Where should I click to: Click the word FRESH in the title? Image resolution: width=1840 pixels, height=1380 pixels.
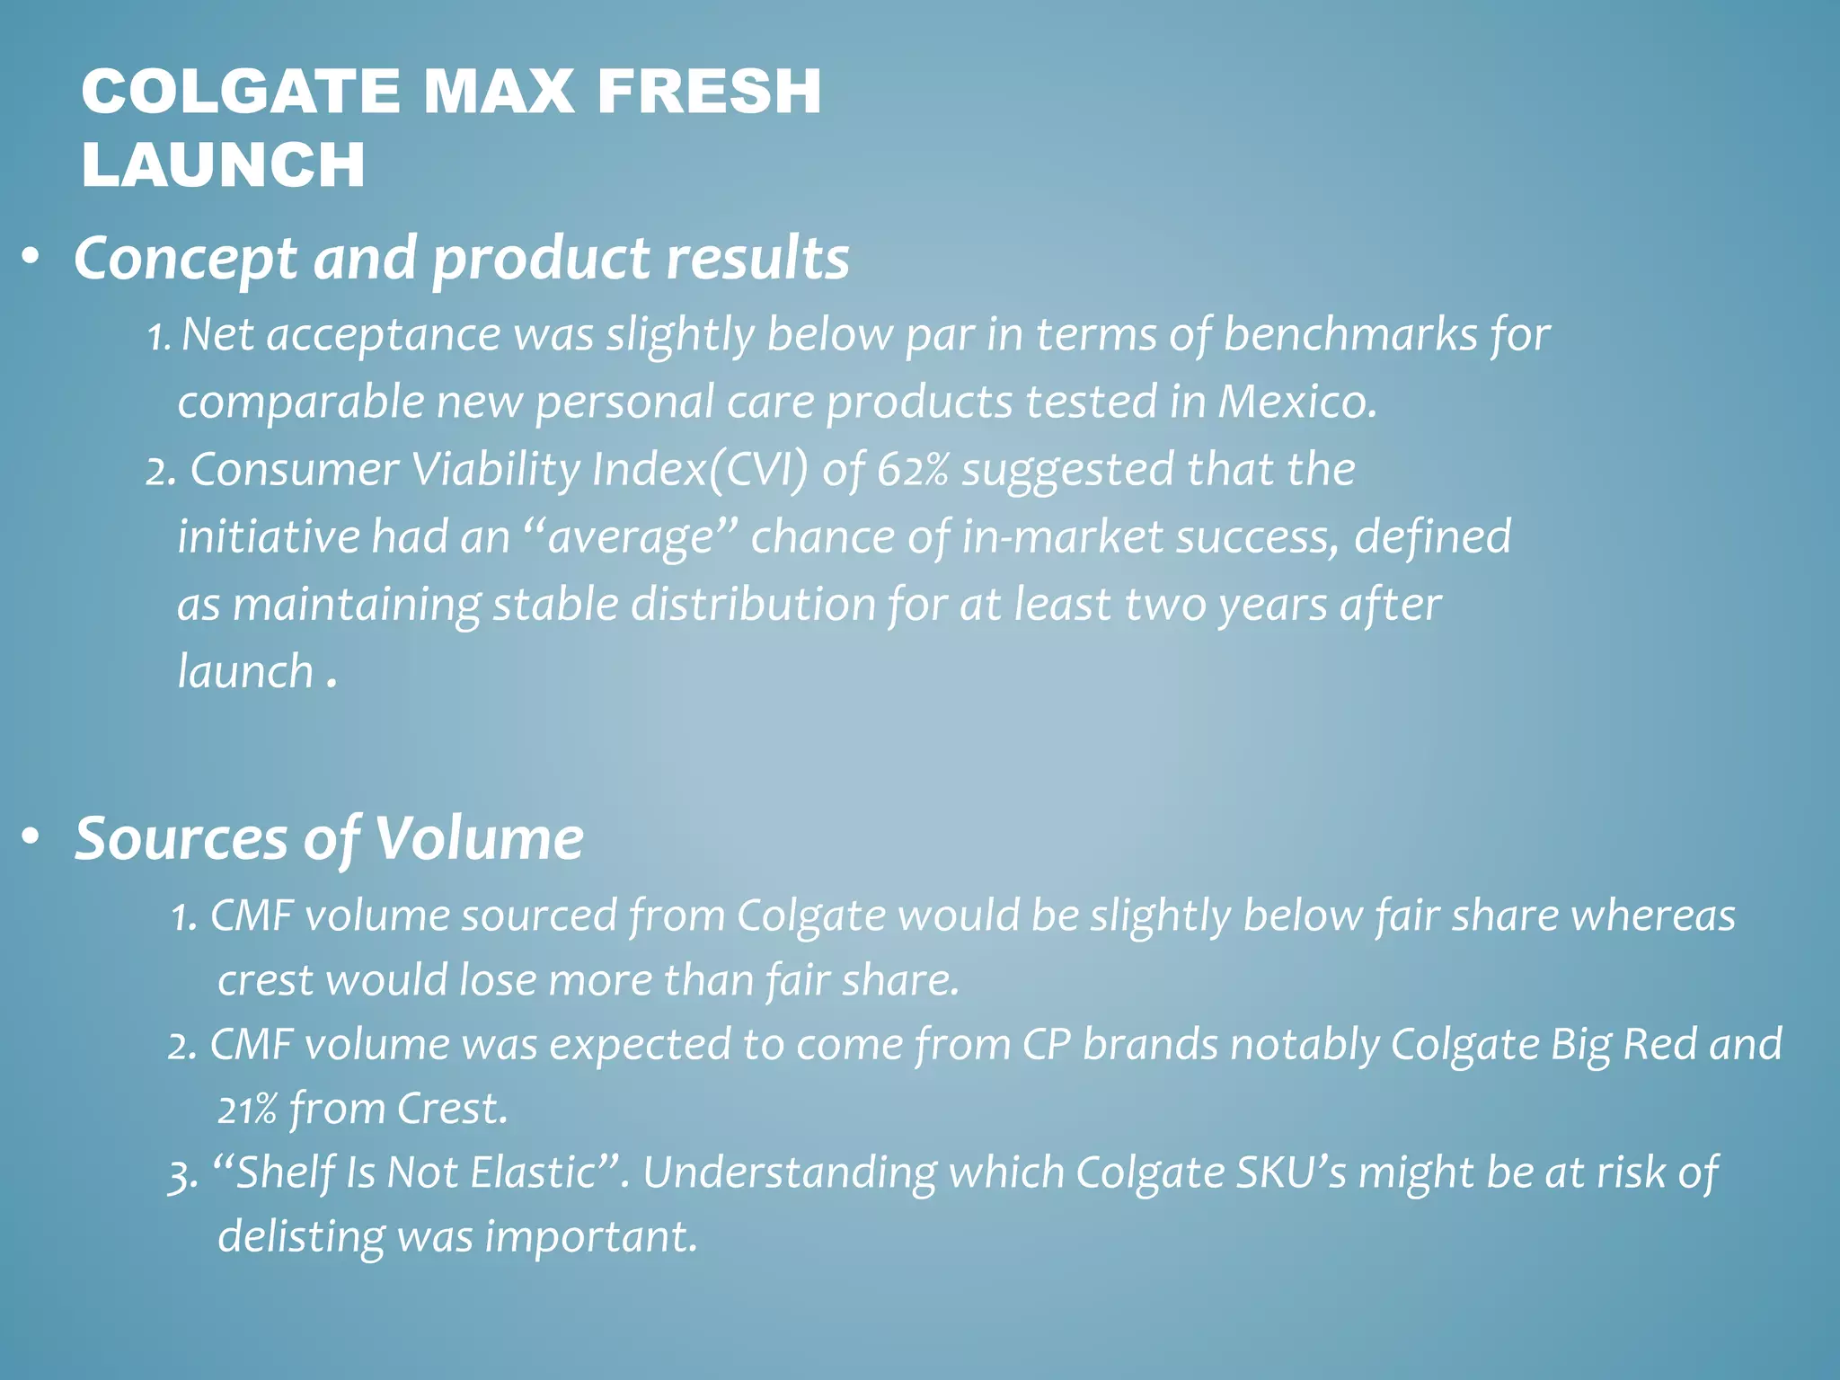click(709, 92)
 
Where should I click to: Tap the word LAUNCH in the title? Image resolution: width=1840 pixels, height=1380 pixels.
click(223, 164)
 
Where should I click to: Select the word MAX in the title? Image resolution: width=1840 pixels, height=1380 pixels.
click(498, 92)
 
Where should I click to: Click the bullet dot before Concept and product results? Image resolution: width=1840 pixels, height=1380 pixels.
click(31, 259)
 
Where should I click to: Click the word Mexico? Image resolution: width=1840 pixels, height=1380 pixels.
click(1296, 402)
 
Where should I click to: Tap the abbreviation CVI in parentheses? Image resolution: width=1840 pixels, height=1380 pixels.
click(757, 470)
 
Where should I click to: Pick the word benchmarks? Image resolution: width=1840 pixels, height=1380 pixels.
click(1349, 335)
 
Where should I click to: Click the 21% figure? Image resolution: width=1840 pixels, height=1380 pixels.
click(246, 1110)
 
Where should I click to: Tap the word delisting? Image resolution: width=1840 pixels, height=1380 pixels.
click(300, 1237)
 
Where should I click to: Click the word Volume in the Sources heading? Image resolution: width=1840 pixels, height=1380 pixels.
click(479, 838)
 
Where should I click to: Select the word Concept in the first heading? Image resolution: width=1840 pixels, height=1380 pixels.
click(185, 259)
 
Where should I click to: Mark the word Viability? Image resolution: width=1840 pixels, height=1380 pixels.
click(496, 470)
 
